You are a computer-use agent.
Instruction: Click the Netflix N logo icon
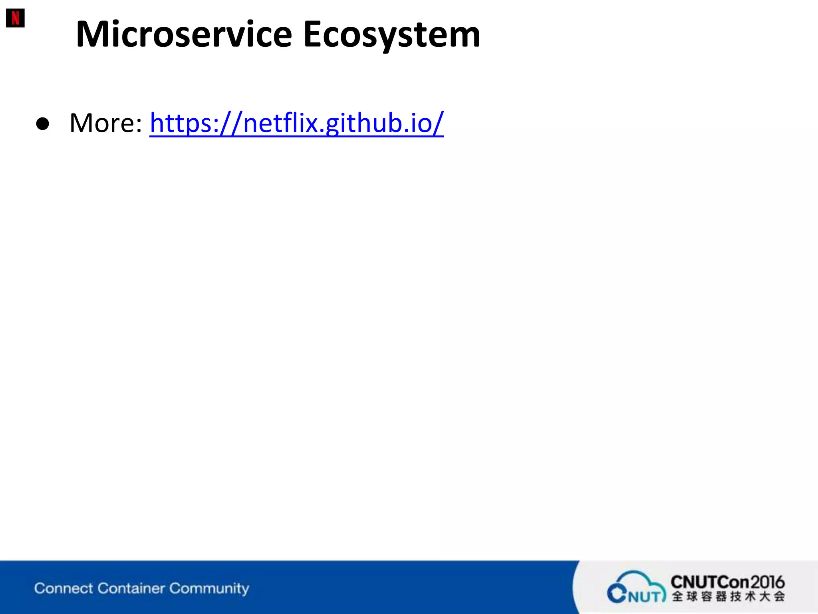pos(15,18)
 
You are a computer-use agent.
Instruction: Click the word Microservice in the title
pos(184,34)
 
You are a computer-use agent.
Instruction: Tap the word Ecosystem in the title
pos(391,34)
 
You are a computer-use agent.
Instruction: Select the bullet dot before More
pos(42,124)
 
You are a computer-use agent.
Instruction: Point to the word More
pos(102,123)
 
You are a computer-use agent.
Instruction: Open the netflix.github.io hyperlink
pos(297,123)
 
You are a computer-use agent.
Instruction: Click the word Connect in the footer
pos(64,588)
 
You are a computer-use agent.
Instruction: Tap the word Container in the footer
pos(131,588)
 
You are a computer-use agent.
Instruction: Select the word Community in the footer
pos(209,588)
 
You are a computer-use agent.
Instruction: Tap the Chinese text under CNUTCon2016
pos(728,597)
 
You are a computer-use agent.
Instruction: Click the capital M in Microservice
pos(93,34)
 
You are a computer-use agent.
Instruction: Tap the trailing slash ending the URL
pos(438,123)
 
